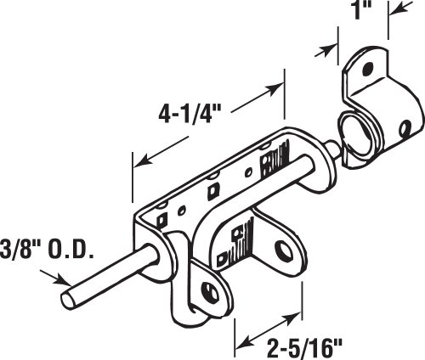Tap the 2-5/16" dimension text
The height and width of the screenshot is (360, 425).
[304, 348]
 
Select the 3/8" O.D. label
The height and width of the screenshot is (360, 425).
[47, 250]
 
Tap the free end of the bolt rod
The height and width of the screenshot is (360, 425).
[68, 301]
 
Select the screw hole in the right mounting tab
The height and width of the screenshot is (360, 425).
[285, 251]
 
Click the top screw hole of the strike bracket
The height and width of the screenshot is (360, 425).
[368, 68]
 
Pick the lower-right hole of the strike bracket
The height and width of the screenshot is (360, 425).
[405, 128]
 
